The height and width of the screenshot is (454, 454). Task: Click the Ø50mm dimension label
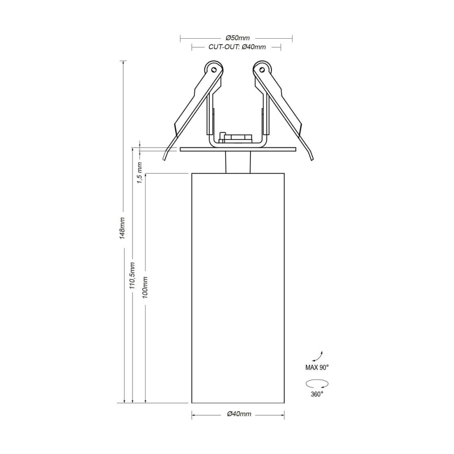(237, 38)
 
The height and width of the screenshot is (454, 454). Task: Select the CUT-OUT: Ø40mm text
(237, 47)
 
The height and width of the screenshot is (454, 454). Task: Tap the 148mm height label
(123, 228)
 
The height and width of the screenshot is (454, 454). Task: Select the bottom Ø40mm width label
(239, 414)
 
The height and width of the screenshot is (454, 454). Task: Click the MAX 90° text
(317, 368)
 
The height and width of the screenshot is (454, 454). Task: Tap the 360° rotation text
(317, 394)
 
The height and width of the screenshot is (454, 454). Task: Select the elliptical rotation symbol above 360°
(317, 384)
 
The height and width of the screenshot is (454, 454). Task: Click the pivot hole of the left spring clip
(214, 70)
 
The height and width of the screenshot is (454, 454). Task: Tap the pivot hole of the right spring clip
(262, 70)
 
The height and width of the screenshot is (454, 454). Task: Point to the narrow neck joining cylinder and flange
(238, 162)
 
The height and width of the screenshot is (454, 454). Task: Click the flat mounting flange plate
(238, 149)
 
